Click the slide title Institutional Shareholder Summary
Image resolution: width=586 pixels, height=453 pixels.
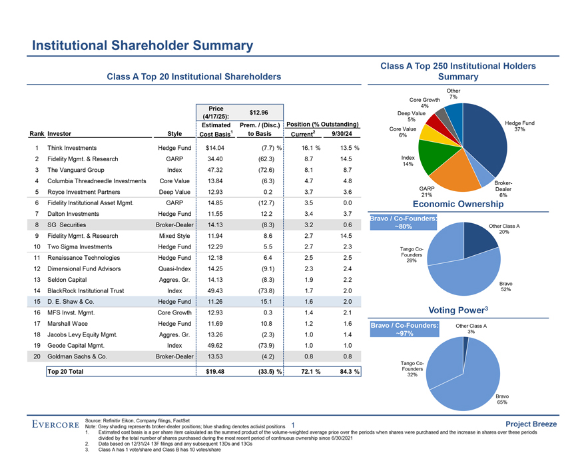tap(143, 46)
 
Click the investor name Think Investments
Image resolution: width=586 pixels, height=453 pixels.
tap(76, 147)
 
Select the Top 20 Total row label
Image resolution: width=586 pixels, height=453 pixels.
tap(65, 371)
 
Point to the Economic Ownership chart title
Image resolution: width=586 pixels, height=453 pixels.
tap(457, 205)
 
